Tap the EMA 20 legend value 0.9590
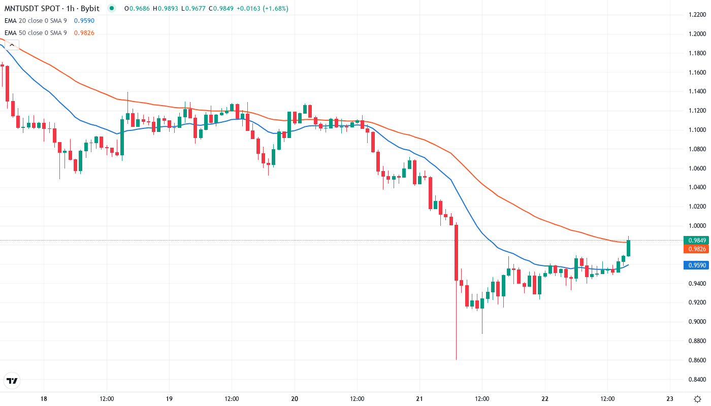(84, 20)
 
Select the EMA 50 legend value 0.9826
(84, 33)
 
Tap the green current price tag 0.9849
(695, 240)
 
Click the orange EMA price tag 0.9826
(695, 249)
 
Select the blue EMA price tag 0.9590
(695, 265)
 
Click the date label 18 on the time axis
(44, 398)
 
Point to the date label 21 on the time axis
(419, 398)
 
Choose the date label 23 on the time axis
(670, 398)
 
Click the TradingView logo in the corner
(12, 381)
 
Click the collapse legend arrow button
(12, 45)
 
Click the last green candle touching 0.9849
(628, 248)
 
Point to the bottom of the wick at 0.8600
(456, 359)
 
